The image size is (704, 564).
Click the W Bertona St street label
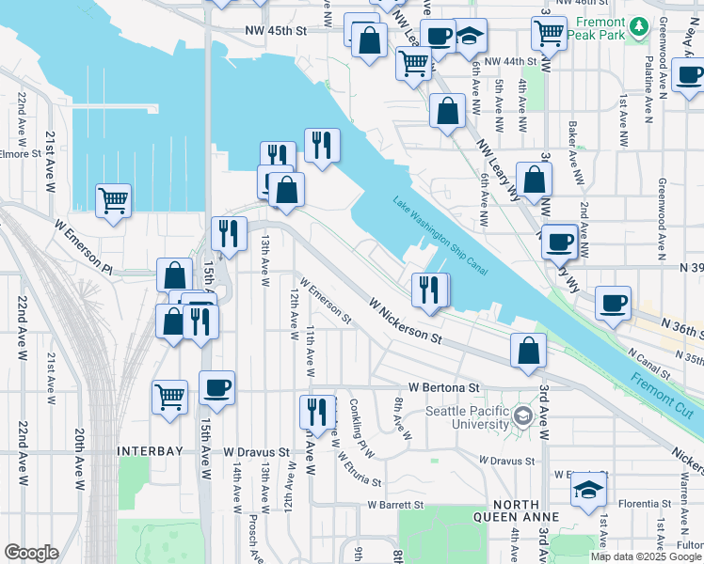444,387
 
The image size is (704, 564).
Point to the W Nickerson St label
405,320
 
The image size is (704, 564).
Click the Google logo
31,553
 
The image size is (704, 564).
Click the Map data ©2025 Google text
646,556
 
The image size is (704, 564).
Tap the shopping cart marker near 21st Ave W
113,200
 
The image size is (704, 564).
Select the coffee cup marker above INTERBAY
216,388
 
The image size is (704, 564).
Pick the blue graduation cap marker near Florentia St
589,490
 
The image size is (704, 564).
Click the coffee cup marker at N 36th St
613,303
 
